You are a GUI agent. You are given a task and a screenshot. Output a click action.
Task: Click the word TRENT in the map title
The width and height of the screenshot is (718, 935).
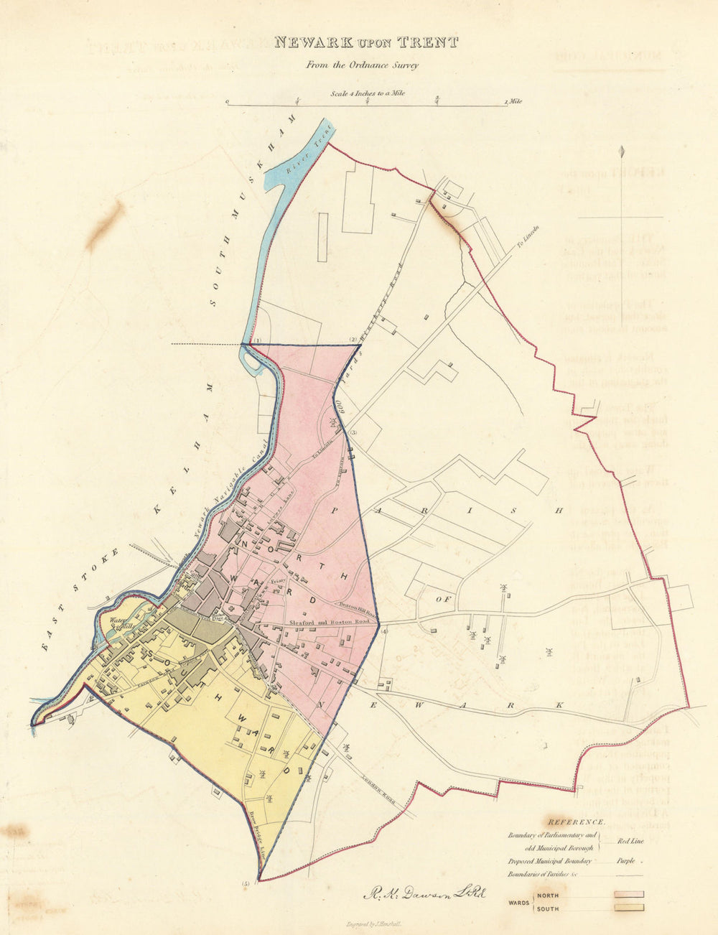click(x=429, y=42)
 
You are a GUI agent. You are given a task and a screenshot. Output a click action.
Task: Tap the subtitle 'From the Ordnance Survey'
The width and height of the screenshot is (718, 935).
click(x=362, y=65)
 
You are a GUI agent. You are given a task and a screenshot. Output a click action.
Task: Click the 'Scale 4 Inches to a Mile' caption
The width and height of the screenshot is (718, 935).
click(x=367, y=93)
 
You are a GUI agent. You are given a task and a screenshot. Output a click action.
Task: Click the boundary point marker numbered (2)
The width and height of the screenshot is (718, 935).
click(x=353, y=339)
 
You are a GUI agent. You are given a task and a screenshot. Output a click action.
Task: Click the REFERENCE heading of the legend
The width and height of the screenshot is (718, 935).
click(x=576, y=821)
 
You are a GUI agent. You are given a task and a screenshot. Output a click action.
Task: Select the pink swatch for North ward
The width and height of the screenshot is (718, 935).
click(x=628, y=895)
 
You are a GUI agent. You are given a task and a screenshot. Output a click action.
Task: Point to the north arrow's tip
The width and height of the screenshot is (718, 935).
click(x=623, y=149)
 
